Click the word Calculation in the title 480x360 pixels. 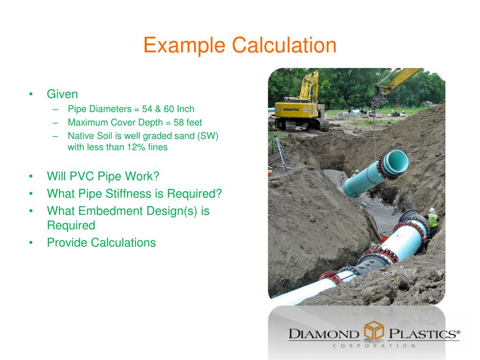click(x=284, y=46)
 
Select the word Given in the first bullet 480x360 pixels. click(x=62, y=94)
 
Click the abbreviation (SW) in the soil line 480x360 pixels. click(x=207, y=136)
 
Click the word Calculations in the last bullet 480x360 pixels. click(x=123, y=243)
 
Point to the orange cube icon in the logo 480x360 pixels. click(x=374, y=332)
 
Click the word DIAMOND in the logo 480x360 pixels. click(x=324, y=334)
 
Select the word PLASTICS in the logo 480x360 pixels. click(x=422, y=334)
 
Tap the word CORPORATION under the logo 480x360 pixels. click(x=374, y=346)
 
